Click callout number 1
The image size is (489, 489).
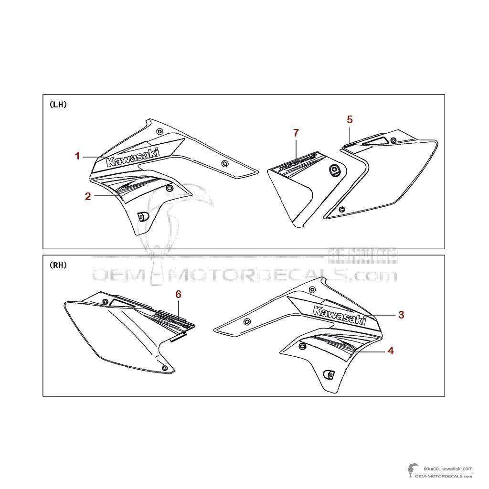[77, 156]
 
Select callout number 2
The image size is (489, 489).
[88, 196]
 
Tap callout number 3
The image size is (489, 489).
[402, 314]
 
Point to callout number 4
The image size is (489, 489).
[391, 351]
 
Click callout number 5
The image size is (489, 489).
[350, 119]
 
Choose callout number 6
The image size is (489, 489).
[178, 295]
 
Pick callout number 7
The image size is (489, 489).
[296, 133]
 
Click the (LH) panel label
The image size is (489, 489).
[58, 105]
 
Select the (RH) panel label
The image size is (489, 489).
[58, 265]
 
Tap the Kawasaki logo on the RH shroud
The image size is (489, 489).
[340, 315]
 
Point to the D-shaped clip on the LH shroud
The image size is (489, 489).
[142, 216]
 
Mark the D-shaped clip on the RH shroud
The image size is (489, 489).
[329, 374]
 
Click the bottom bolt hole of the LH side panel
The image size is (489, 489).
[342, 209]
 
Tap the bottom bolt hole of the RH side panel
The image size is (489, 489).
[165, 368]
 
